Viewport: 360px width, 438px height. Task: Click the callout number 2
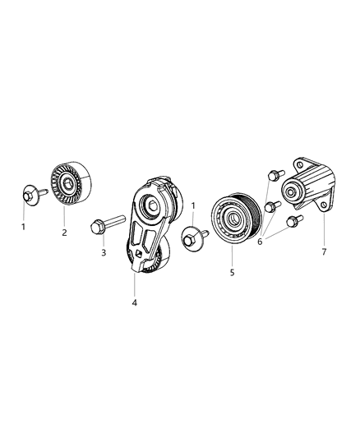(64, 233)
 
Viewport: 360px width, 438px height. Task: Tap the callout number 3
(104, 252)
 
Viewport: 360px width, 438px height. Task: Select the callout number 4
(134, 302)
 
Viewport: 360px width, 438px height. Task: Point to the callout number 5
(232, 273)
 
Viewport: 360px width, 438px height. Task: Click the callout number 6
(260, 242)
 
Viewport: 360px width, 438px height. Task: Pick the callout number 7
(324, 252)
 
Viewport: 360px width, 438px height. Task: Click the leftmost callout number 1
(24, 227)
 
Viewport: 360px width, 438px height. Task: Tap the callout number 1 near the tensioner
(193, 206)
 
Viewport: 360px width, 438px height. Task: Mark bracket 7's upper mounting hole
(300, 164)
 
